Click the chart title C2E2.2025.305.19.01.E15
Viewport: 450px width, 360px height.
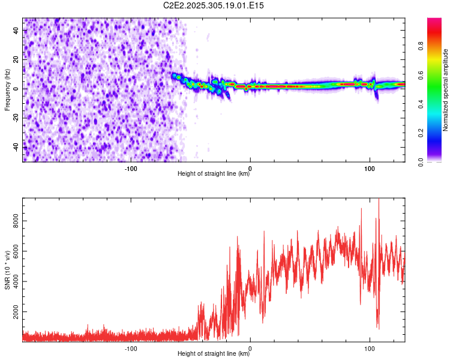coord(214,5)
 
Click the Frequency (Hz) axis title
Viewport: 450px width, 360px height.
coord(7,89)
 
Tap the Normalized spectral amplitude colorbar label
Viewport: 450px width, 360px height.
coord(445,90)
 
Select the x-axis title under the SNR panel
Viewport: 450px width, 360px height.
coord(214,354)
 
